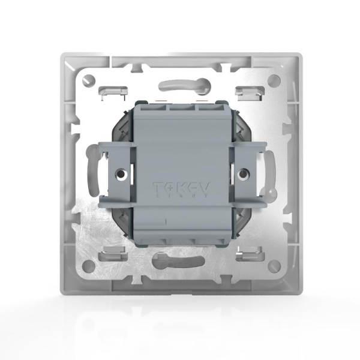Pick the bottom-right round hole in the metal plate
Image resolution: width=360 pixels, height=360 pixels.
274,265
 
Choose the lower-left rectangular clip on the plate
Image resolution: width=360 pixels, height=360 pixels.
115,253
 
